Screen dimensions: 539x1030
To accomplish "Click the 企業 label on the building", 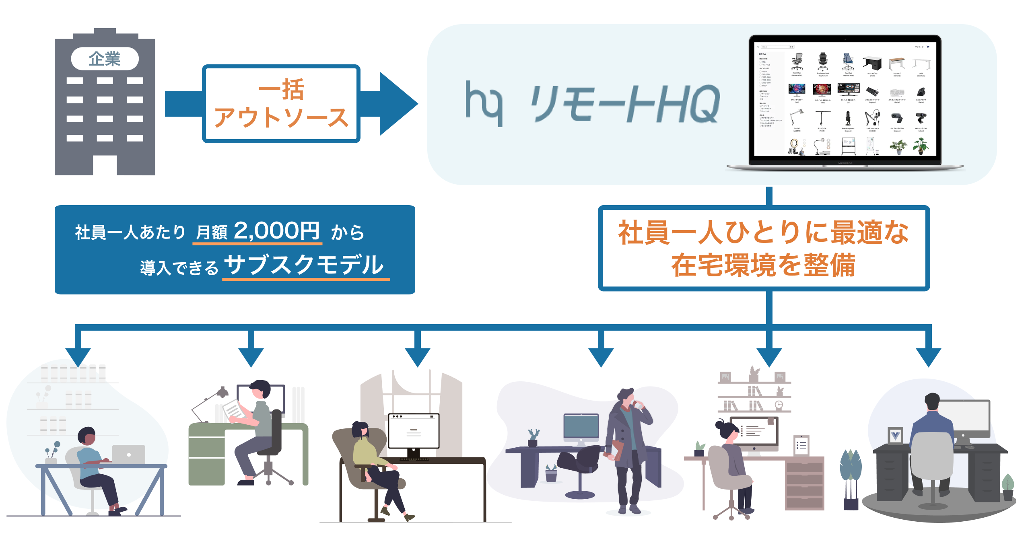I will click(105, 59).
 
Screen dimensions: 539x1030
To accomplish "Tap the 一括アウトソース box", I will click(281, 104).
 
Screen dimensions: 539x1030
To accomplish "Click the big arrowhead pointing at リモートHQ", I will click(396, 104).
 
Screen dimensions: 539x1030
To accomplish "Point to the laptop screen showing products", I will click(845, 101).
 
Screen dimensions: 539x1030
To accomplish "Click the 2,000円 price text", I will click(276, 231).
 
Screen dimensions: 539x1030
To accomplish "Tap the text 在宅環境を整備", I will click(763, 265).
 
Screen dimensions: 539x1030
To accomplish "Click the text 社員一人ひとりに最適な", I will click(763, 232).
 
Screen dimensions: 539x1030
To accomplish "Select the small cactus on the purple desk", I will click(534, 437).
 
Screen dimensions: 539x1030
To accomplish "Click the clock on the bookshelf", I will click(779, 405).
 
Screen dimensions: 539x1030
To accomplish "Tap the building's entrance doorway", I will click(105, 165).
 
